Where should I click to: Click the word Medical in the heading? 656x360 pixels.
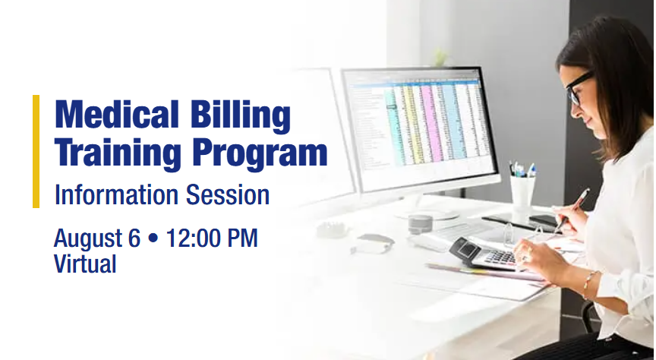coord(117,114)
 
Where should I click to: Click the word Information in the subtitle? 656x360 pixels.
coord(117,195)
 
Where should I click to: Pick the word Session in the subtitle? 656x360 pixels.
coord(228,195)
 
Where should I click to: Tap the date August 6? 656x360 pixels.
coord(96,238)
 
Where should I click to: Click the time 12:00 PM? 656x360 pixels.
coord(212,238)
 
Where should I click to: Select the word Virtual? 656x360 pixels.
coord(85,264)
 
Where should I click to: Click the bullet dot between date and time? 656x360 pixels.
coord(153,238)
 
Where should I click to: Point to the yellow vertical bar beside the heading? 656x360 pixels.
coord(36,152)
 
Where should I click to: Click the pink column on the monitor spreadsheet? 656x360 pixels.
coord(432,122)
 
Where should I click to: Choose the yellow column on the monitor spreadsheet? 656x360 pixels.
coord(412,123)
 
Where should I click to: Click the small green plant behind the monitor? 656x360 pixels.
coord(440,58)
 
